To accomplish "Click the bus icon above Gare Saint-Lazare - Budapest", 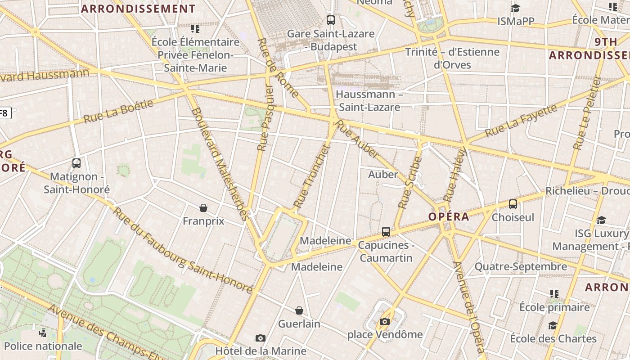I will [331, 20].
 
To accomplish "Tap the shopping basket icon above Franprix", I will [203, 208].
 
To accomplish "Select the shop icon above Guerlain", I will [299, 310].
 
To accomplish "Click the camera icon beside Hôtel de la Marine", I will [260, 338].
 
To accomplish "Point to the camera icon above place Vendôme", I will [384, 321].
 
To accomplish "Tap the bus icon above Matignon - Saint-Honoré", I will [76, 163].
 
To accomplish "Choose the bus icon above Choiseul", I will [513, 204].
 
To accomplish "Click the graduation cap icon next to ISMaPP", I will [515, 9].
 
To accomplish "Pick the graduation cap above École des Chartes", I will [553, 325].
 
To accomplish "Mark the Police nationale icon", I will [43, 333].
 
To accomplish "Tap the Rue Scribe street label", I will [410, 182].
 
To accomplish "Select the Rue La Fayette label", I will [521, 121].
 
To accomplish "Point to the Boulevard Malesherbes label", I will [220, 164].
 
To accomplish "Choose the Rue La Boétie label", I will [118, 112].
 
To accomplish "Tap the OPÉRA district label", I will [448, 216].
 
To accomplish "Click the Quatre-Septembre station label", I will [521, 266].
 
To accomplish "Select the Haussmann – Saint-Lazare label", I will [369, 101].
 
